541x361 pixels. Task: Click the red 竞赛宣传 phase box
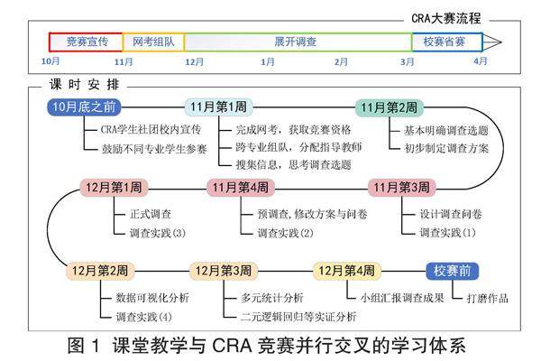click(x=87, y=42)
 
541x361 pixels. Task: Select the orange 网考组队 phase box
click(x=153, y=42)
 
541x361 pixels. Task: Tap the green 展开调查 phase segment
click(x=295, y=42)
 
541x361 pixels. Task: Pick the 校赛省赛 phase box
click(x=445, y=42)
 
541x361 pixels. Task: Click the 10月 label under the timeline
click(x=50, y=61)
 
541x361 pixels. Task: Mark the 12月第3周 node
click(x=223, y=270)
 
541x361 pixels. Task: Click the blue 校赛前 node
click(x=452, y=270)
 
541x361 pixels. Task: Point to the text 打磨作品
click(x=488, y=297)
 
